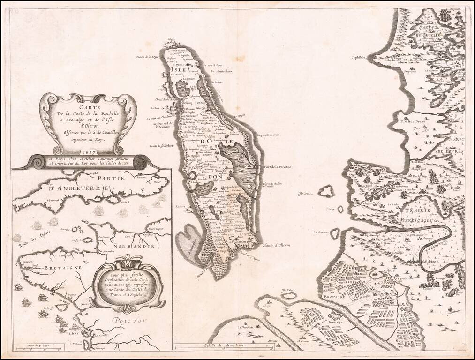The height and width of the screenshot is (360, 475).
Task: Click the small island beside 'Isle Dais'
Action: [326, 191]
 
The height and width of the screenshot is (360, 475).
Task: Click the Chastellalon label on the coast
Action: [359, 58]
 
